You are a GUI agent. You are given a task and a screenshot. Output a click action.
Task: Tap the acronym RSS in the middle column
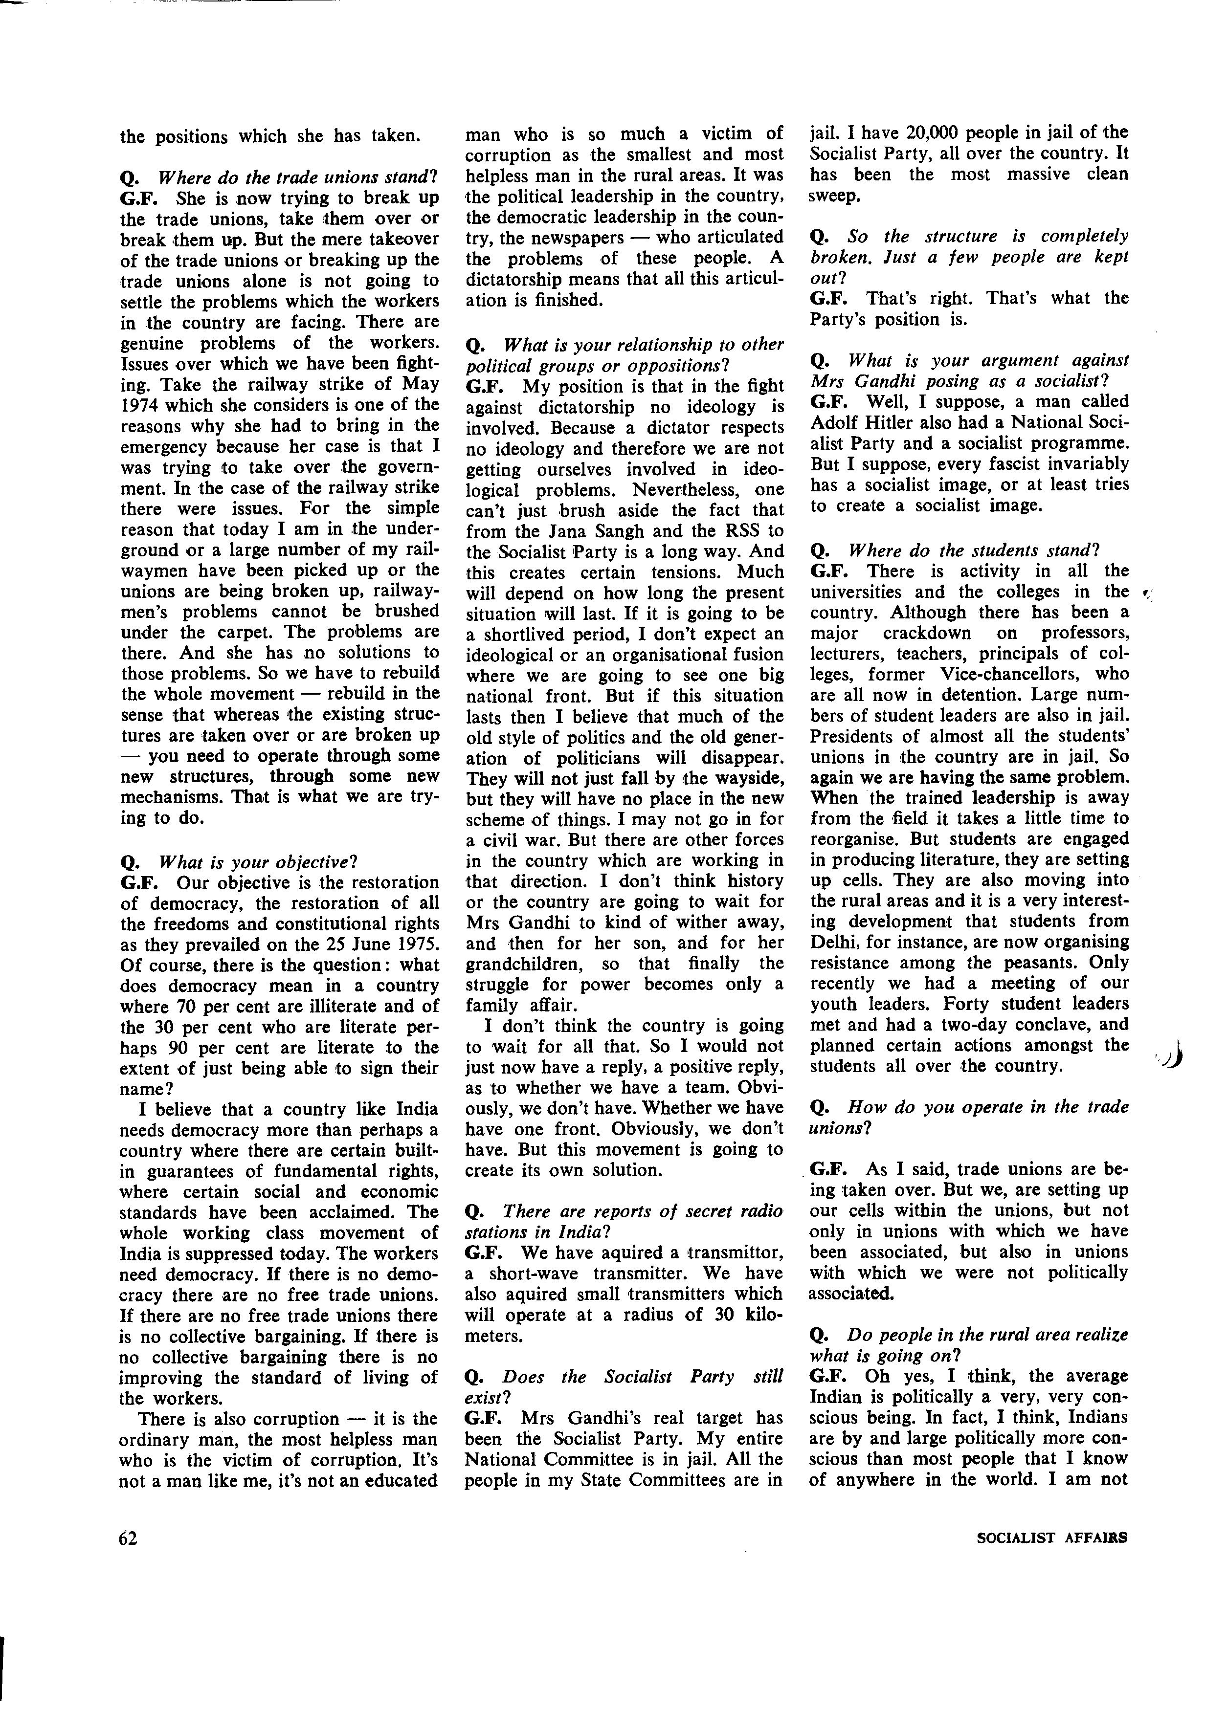pos(737,531)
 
